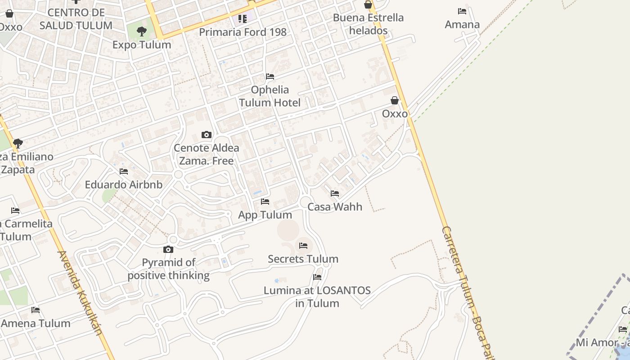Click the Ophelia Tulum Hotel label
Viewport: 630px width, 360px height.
tap(270, 96)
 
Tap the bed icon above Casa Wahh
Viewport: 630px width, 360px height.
tap(335, 193)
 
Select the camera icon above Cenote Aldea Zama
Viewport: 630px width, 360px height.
tap(207, 135)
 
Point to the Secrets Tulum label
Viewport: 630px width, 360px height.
tap(303, 259)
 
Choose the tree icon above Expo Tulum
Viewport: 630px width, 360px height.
tap(142, 31)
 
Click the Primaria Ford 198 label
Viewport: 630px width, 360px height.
tap(243, 32)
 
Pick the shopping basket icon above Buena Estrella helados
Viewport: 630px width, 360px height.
tap(368, 4)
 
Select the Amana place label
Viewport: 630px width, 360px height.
tap(462, 24)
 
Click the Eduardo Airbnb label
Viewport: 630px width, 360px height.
tap(124, 184)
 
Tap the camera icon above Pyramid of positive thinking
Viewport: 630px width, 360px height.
tap(168, 249)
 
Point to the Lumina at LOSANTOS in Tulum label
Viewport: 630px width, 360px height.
tap(317, 297)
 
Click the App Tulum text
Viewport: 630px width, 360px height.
tap(265, 215)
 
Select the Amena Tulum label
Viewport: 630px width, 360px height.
tap(36, 323)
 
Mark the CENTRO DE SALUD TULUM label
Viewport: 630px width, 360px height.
tap(76, 19)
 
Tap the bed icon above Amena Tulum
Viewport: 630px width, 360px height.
tap(36, 310)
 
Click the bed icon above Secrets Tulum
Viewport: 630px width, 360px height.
tap(303, 245)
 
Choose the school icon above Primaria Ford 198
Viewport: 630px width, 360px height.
tap(243, 19)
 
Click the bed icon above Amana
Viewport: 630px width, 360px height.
tap(462, 11)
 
